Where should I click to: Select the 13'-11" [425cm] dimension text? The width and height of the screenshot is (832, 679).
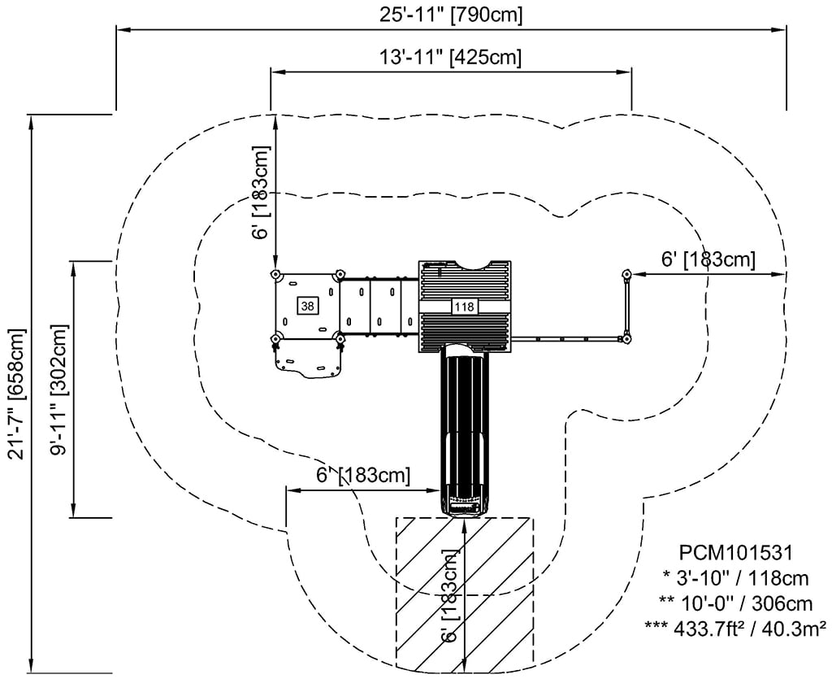tap(450, 57)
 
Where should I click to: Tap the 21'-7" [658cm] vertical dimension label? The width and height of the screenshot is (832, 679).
tap(15, 394)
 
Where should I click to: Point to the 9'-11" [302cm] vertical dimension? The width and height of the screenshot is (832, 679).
tap(58, 390)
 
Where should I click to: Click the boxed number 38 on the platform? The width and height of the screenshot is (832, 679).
tap(307, 306)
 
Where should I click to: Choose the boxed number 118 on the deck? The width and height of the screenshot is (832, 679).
tap(464, 307)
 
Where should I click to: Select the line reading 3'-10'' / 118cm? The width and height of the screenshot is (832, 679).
tap(738, 578)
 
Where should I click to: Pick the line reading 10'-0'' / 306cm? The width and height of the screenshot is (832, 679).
tap(738, 603)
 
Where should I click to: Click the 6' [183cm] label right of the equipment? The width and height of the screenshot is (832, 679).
tap(708, 259)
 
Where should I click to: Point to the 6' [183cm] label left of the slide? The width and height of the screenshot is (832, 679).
tap(363, 475)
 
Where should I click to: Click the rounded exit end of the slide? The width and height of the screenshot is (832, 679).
tap(464, 505)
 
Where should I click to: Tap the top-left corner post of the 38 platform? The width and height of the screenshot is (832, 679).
tap(275, 274)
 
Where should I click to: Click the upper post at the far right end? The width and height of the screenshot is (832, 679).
tap(626, 274)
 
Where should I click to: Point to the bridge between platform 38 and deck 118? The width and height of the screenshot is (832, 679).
tap(378, 307)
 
